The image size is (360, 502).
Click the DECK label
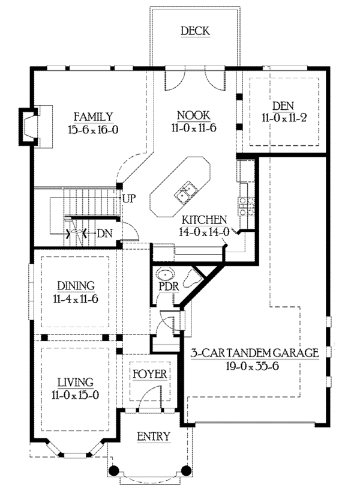[x=195, y=31]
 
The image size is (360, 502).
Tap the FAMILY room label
[x=94, y=116]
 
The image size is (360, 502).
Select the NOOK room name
[x=194, y=115]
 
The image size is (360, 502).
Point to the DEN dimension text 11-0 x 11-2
[x=284, y=118]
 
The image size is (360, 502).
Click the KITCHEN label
[x=204, y=220]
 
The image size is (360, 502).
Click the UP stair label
[x=129, y=199]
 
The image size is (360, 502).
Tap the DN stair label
[x=104, y=234]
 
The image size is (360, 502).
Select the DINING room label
[x=76, y=285]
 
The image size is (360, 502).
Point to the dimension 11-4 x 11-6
[x=76, y=300]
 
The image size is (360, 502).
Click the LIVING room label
[x=76, y=382]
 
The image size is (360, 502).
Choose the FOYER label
[x=150, y=374]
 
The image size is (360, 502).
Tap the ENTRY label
[x=154, y=437]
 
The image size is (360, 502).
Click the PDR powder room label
[x=169, y=286]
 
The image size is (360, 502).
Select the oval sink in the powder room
[x=165, y=274]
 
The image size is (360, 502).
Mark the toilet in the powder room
[x=193, y=278]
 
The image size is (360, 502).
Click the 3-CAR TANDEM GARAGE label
[x=255, y=353]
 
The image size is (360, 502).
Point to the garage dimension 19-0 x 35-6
[x=253, y=366]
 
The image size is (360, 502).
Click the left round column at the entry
[x=114, y=470]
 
